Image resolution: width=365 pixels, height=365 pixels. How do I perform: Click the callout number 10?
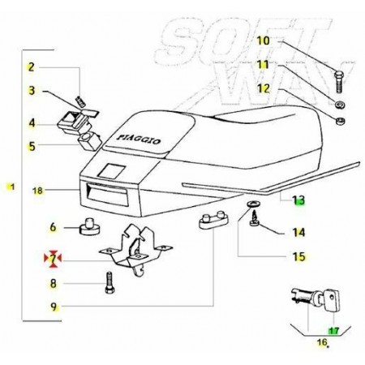coord(263,41)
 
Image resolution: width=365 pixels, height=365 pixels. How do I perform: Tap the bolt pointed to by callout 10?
coord(339,82)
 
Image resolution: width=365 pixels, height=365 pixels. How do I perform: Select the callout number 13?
coord(298,200)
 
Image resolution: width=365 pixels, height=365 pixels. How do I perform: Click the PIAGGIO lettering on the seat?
coord(139,140)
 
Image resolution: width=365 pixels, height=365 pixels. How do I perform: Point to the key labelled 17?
coord(332,300)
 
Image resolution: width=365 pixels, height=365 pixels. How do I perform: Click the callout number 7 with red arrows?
coord(53,259)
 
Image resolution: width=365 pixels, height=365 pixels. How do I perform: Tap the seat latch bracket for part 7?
coord(135,249)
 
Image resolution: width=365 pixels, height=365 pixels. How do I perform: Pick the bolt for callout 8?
coord(109,282)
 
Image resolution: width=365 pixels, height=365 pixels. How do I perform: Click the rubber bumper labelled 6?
coord(89,227)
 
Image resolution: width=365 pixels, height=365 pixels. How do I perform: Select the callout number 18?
coord(37,191)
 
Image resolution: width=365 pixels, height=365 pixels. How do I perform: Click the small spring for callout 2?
coord(81,101)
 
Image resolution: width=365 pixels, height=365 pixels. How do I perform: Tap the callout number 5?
coord(32,146)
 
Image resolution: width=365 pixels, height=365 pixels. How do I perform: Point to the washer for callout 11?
coord(339,105)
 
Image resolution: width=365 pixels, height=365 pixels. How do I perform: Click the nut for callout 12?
coord(340,121)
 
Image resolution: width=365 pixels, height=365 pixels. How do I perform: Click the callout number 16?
coord(322,342)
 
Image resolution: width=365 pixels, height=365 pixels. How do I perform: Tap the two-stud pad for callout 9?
coord(213,220)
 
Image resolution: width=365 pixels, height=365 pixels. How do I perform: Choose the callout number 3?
coord(32,91)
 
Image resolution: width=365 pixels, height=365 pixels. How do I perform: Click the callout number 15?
coord(298,256)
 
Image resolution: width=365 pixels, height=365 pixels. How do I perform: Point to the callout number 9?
coord(54,307)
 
